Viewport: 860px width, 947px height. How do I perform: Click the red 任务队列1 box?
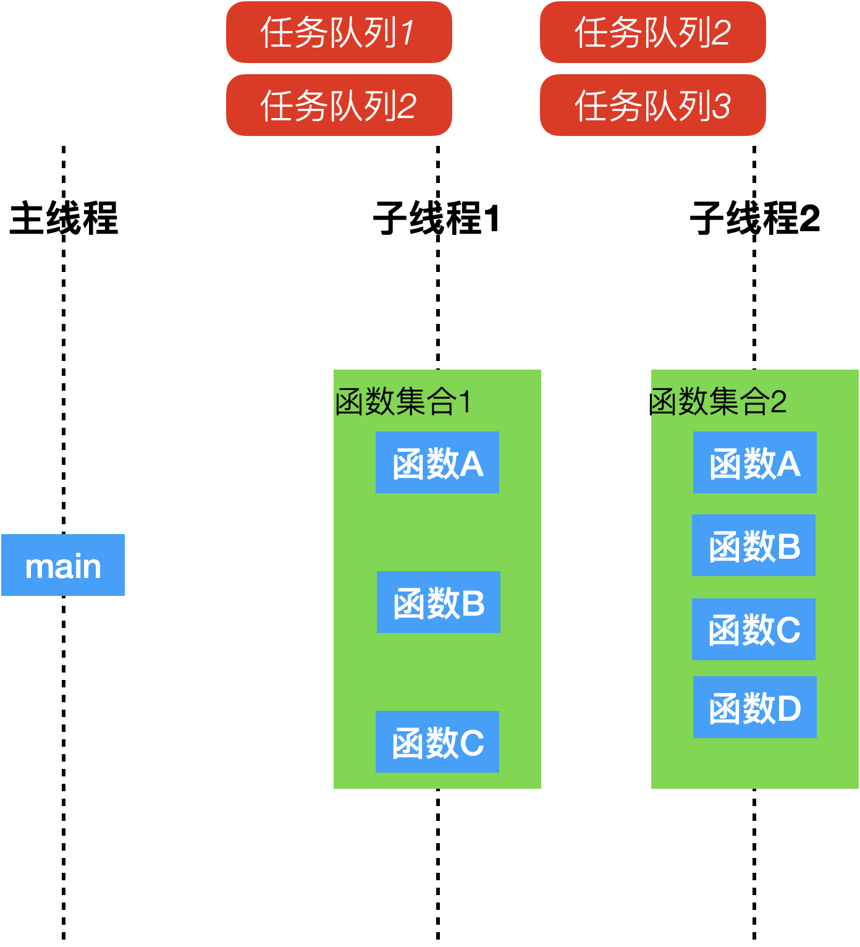(x=339, y=32)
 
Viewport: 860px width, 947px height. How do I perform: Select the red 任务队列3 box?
(x=652, y=105)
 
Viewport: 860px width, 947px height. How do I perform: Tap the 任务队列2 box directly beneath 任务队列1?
(x=339, y=105)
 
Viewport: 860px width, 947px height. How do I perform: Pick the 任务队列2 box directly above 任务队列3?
(x=652, y=32)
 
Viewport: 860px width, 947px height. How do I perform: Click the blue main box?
(x=63, y=565)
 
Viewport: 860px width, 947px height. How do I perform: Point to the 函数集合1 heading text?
(x=403, y=402)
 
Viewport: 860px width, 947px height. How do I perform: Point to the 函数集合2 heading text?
(x=719, y=402)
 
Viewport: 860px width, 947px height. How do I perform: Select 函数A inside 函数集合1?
(x=437, y=462)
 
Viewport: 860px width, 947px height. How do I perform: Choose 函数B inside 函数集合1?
(x=439, y=602)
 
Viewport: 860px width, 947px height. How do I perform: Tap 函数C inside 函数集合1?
(x=437, y=742)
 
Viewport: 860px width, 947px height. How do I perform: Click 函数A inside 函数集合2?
(x=755, y=462)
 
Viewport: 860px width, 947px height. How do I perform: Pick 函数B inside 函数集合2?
(x=754, y=545)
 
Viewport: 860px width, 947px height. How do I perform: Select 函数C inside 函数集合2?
(x=754, y=629)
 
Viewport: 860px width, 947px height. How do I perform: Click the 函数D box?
(x=755, y=707)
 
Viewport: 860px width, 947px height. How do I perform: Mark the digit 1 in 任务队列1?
(x=408, y=33)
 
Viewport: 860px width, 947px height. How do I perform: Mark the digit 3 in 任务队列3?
(x=722, y=106)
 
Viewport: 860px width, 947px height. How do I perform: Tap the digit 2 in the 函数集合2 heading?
(x=778, y=402)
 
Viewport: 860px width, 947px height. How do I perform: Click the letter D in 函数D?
(x=789, y=708)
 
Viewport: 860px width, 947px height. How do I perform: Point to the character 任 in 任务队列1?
(x=276, y=33)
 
